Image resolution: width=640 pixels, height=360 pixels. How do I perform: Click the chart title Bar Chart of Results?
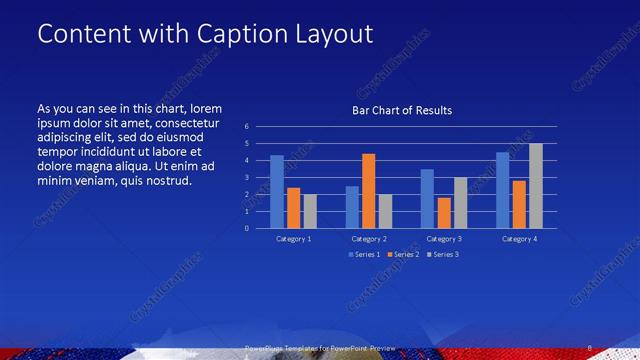[402, 110]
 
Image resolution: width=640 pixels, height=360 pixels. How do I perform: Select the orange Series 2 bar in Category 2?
[369, 190]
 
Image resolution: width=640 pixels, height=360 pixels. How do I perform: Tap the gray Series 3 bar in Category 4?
[536, 186]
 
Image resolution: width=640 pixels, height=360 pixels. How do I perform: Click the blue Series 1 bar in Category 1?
[277, 191]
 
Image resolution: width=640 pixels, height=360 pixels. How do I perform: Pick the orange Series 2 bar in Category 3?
[444, 212]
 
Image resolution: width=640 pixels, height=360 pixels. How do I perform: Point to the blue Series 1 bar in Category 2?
[352, 206]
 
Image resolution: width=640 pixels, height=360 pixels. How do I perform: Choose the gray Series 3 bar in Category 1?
[310, 210]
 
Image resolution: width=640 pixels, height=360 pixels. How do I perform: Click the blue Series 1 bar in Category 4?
[503, 190]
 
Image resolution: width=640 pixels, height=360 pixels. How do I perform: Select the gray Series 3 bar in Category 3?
[461, 202]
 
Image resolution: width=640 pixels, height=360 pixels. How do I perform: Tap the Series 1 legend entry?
[364, 255]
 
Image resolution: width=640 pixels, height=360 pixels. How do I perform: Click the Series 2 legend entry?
[403, 255]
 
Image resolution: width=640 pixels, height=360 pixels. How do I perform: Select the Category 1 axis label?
[294, 239]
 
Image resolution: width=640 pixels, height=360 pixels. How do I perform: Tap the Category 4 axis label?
[519, 239]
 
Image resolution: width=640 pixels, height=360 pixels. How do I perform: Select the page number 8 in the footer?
[590, 347]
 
